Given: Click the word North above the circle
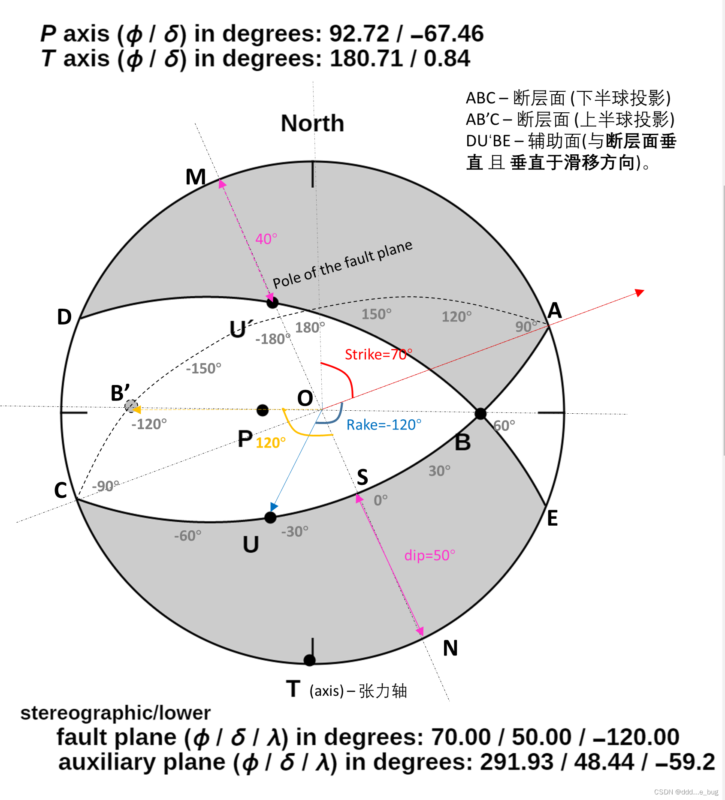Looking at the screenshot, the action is [x=312, y=123].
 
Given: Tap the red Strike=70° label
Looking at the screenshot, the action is [x=378, y=355].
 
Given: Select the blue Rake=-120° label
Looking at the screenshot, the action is [x=384, y=425].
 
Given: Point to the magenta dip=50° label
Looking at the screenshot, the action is [x=429, y=555].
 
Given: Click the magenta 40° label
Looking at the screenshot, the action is [x=266, y=239].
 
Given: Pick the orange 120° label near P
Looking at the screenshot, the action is [x=270, y=442].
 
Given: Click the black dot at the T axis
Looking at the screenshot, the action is [x=309, y=660].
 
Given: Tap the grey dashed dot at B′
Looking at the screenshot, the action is [x=131, y=406].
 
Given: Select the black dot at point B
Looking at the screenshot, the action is [x=480, y=414].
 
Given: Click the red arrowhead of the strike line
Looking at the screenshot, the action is [x=640, y=292].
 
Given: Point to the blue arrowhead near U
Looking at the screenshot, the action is [x=274, y=507].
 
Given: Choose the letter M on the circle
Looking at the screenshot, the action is [x=196, y=177].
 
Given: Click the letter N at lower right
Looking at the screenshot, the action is [x=450, y=648].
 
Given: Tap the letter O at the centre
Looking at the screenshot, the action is [x=305, y=398].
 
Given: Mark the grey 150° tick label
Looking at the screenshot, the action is [x=376, y=314].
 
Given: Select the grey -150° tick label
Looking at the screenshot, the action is [x=203, y=368].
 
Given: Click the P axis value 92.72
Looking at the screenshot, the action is [x=359, y=33].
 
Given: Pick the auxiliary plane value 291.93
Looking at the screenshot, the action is [x=517, y=762].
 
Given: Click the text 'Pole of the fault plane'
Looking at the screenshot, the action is [x=342, y=264].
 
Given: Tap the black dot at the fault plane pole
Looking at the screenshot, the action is [x=272, y=303].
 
